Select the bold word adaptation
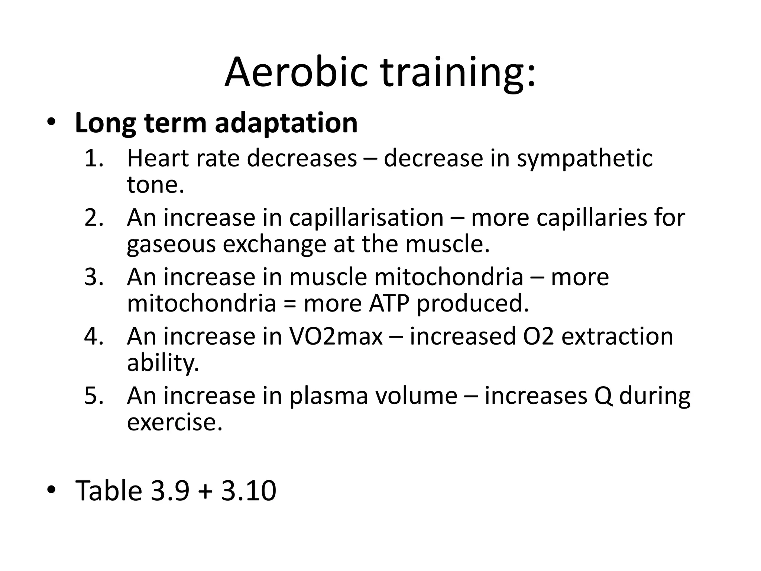[x=286, y=123]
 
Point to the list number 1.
[x=93, y=158]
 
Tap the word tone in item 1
[x=155, y=184]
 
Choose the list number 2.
[x=93, y=218]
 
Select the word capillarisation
[x=366, y=218]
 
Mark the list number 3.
[x=93, y=277]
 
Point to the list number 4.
[x=93, y=337]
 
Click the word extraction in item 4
[x=617, y=337]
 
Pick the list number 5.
[x=93, y=396]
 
